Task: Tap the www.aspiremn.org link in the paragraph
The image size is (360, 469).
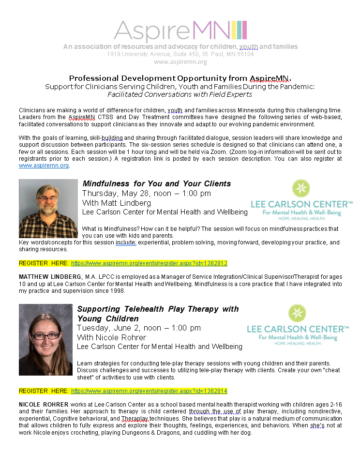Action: tap(44, 166)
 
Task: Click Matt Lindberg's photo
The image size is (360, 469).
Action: tap(48, 208)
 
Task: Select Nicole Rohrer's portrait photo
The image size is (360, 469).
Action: tap(45, 339)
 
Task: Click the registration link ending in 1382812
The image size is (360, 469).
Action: tap(149, 263)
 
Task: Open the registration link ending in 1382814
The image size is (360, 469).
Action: tap(149, 391)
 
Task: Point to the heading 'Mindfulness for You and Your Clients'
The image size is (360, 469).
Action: tap(157, 183)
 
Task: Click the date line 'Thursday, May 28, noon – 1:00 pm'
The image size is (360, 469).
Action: tap(147, 193)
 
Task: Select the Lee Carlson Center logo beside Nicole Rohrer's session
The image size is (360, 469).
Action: tap(297, 325)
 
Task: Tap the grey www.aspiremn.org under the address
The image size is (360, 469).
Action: tap(180, 61)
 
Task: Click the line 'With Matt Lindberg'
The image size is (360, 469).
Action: tap(117, 203)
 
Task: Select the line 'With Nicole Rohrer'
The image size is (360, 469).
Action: tap(111, 337)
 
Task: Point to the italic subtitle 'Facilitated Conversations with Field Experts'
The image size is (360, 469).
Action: tap(180, 94)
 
